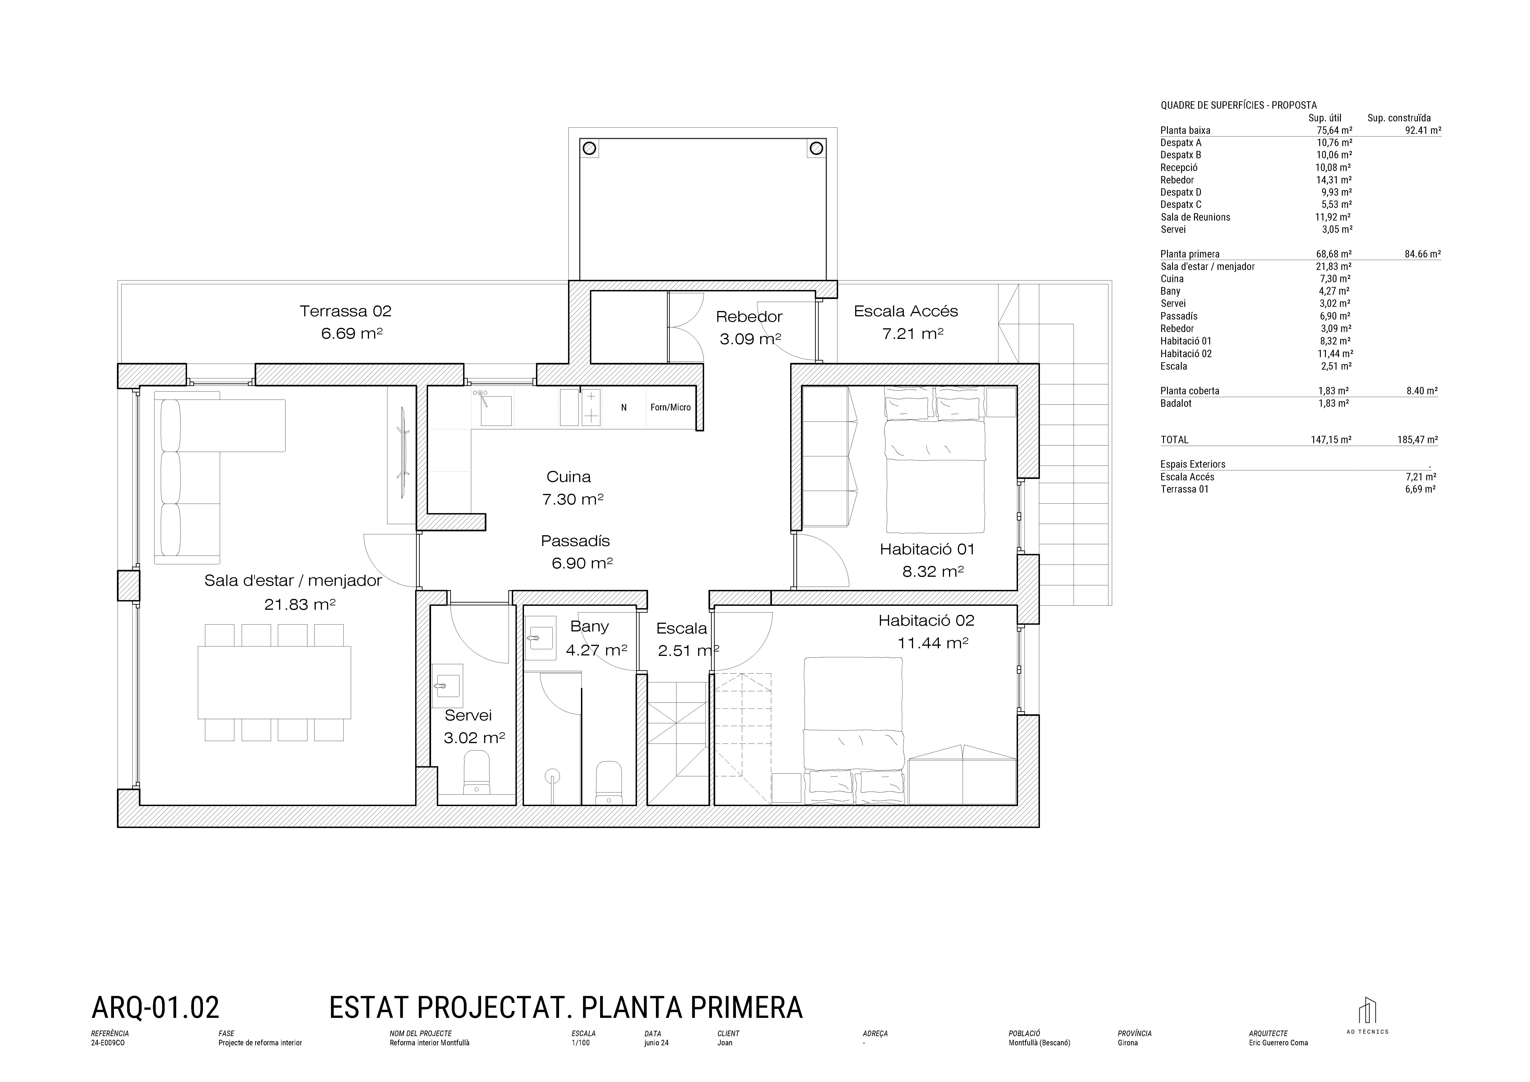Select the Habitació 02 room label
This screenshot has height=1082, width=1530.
pyautogui.click(x=926, y=621)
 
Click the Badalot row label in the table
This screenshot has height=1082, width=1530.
pyautogui.click(x=1176, y=403)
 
